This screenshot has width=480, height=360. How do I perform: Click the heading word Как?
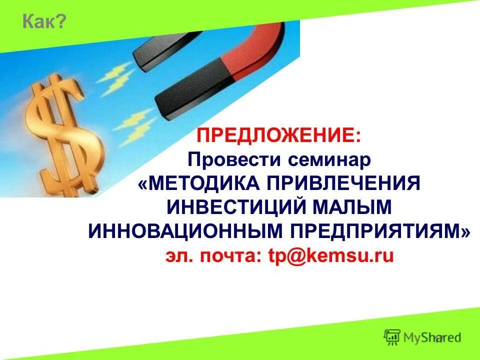pos(44,22)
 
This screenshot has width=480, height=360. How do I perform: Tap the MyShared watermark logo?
pos(422,337)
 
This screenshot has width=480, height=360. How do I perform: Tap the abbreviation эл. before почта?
pos(180,255)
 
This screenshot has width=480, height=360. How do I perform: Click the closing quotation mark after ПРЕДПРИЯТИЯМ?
pos(466,230)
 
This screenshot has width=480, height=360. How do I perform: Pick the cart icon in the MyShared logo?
pos(391,336)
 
